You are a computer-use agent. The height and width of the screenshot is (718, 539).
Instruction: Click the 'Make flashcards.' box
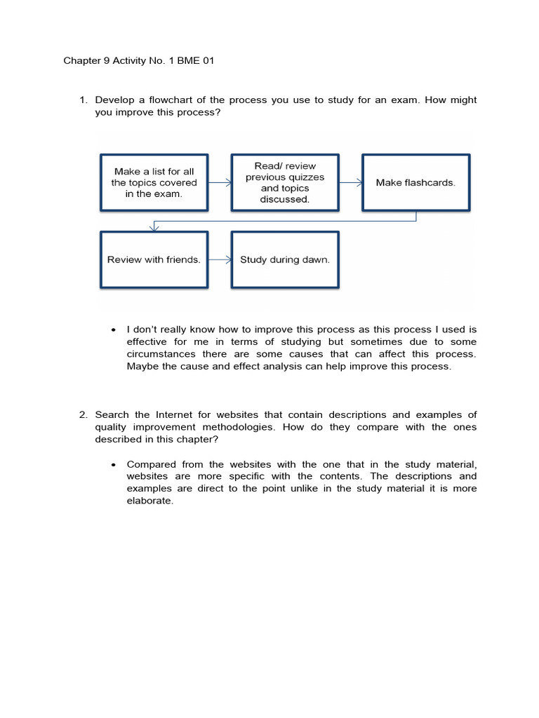click(x=415, y=182)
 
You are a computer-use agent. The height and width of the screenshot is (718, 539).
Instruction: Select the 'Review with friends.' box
click(x=154, y=259)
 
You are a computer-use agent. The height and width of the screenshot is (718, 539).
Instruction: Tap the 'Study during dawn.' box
click(x=284, y=259)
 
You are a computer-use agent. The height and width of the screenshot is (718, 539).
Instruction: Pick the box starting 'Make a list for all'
click(x=154, y=182)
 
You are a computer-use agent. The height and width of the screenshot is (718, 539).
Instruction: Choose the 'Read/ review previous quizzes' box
click(x=284, y=182)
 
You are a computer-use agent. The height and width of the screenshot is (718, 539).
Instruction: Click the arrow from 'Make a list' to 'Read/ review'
click(x=220, y=182)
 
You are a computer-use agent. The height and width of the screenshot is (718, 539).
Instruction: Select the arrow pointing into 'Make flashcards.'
click(x=350, y=182)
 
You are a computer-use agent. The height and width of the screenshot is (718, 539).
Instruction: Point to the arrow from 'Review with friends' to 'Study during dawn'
click(x=220, y=259)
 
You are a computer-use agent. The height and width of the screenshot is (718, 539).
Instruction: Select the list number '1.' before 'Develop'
click(x=83, y=100)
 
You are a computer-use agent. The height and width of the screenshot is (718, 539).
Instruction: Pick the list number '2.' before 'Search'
click(x=83, y=414)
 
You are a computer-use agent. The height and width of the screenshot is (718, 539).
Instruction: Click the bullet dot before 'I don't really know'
click(x=113, y=330)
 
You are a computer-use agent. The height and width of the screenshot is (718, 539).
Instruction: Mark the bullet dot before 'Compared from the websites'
click(x=113, y=465)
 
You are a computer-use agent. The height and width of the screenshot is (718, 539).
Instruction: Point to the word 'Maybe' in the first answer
click(x=141, y=367)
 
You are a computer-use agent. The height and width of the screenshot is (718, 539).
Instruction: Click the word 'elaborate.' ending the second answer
click(x=149, y=501)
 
